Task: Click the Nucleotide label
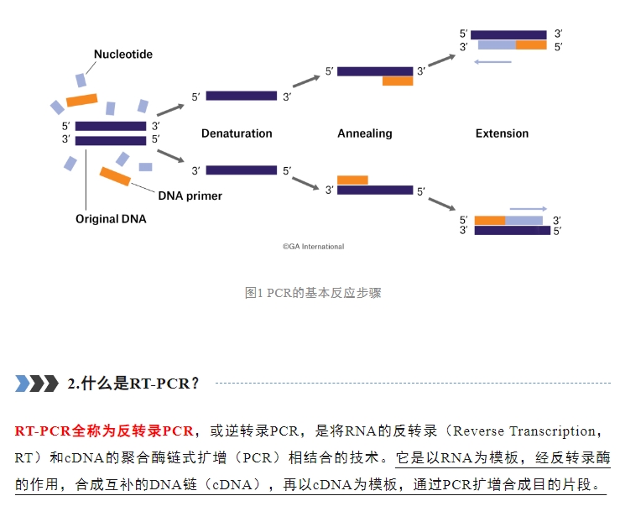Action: click(123, 55)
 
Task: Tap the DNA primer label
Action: click(190, 196)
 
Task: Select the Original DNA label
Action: click(111, 219)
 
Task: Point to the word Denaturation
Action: click(237, 133)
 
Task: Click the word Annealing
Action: click(365, 133)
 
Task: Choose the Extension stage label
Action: click(503, 133)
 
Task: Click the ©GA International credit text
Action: click(313, 247)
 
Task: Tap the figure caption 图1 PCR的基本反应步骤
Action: click(313, 293)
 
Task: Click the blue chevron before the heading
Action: click(23, 384)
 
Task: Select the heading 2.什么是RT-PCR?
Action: click(133, 384)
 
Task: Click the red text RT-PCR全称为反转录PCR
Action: click(104, 431)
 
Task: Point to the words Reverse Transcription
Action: click(524, 431)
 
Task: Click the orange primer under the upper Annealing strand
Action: click(398, 81)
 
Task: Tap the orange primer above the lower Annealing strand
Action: click(352, 180)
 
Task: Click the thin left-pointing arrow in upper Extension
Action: click(492, 62)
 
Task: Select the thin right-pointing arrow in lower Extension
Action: click(529, 209)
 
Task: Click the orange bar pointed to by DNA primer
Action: click(115, 176)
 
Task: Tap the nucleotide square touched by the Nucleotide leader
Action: click(81, 81)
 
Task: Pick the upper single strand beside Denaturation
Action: click(241, 96)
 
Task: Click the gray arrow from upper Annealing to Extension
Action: click(441, 60)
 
